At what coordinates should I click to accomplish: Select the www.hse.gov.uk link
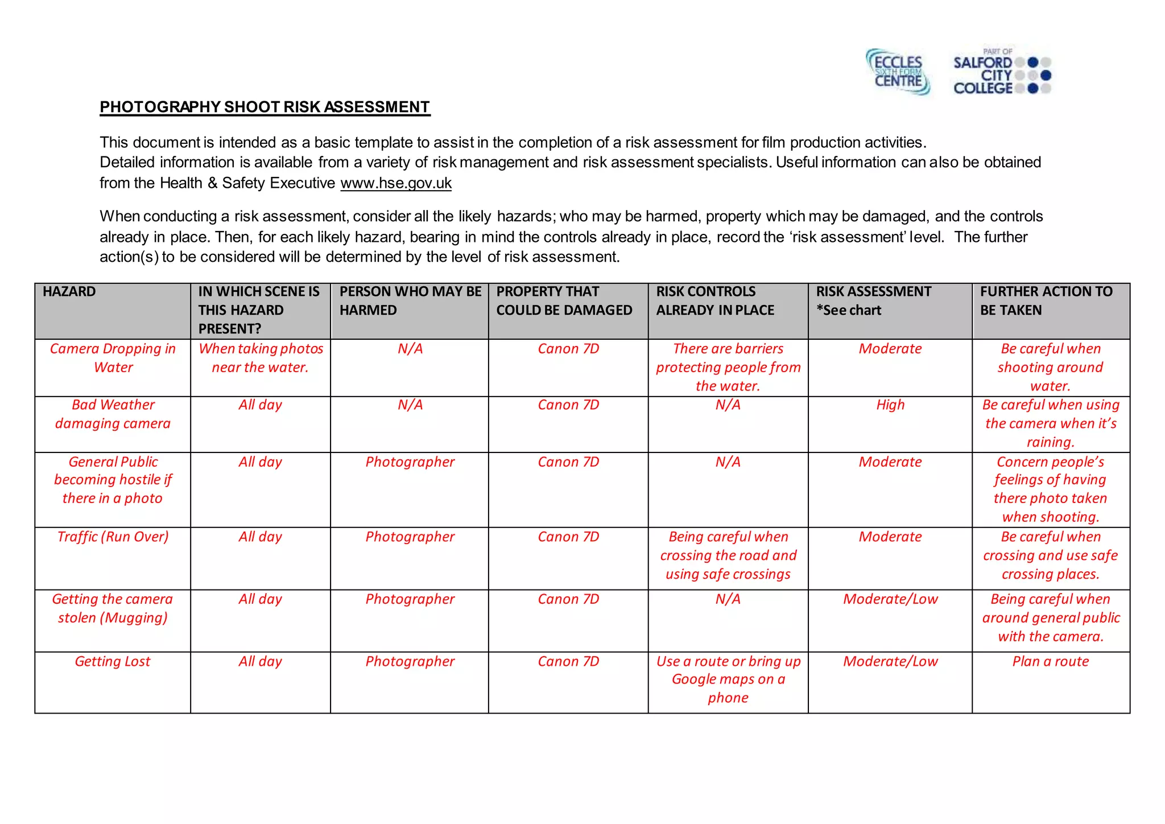coord(396,183)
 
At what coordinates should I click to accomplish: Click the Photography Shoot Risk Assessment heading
coord(265,107)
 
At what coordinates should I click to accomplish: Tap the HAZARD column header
coord(69,292)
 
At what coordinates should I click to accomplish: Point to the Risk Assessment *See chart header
coord(873,301)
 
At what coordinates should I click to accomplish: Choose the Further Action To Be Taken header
coord(1046,301)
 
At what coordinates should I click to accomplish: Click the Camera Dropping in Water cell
coord(113,358)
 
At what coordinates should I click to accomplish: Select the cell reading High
coord(890,405)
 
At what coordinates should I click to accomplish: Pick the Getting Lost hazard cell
coord(113,661)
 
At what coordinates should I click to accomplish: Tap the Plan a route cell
coord(1050,661)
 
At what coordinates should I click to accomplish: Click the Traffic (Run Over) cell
coord(113,537)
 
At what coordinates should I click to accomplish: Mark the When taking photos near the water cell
coord(261,358)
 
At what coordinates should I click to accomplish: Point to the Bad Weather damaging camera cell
coord(113,414)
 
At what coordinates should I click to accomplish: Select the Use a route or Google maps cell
coord(728,679)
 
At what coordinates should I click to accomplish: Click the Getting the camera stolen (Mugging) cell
coord(113,608)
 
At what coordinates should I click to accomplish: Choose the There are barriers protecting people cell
coord(728,367)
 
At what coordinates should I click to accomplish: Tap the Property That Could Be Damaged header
coord(564,301)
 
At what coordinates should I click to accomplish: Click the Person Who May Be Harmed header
coord(410,301)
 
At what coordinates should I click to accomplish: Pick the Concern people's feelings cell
coord(1050,489)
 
